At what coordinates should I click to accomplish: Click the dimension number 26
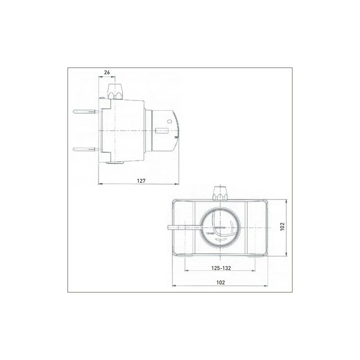[107, 72]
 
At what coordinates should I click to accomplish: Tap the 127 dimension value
[140, 180]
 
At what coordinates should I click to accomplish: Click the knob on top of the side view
[117, 90]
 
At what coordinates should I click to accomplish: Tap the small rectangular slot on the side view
[162, 131]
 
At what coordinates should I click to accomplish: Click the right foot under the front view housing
[257, 255]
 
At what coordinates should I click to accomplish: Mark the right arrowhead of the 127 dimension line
[178, 184]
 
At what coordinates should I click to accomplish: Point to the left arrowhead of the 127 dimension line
[100, 184]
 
